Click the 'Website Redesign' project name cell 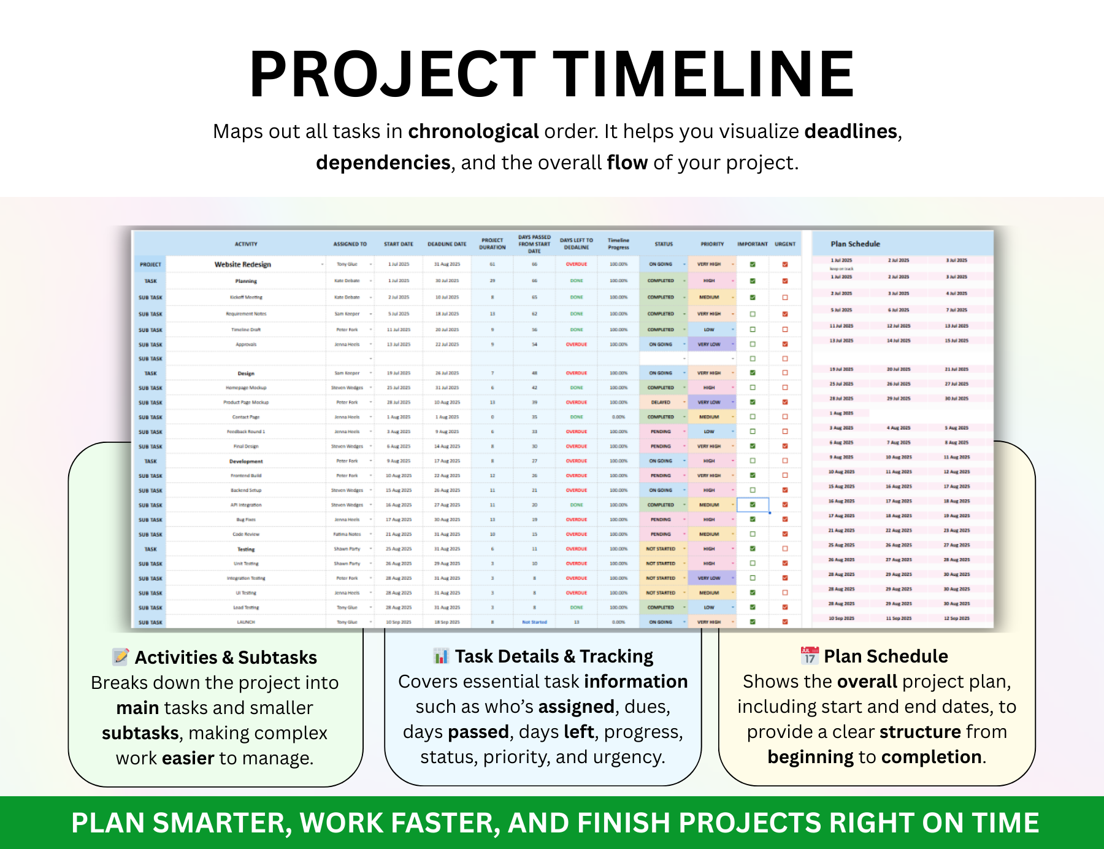243,264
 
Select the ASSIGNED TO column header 350,244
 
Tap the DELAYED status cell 661,402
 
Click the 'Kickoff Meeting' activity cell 246,298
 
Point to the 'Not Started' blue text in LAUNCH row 534,622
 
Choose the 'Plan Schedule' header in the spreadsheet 855,244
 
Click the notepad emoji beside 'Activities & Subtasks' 121,657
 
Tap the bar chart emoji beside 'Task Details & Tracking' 440,656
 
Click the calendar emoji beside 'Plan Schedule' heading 810,656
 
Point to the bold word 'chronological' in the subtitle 473,131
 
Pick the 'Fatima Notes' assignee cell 347,534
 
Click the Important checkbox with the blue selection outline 753,505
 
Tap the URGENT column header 785,244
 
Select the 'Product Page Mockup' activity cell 246,402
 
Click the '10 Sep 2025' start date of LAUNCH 399,622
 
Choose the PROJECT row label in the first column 150,264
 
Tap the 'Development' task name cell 246,461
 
